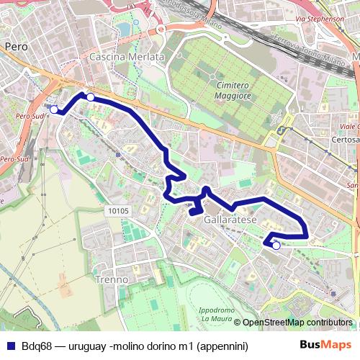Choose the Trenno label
pyautogui.click(x=111, y=279)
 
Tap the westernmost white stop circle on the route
pyautogui.click(x=54, y=109)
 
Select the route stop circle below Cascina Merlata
pyautogui.click(x=91, y=96)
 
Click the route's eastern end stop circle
pyautogui.click(x=276, y=246)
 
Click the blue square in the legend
pyautogui.click(x=9, y=346)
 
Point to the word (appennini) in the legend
pyautogui.click(x=220, y=346)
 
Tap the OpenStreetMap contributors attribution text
pyautogui.click(x=297, y=322)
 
